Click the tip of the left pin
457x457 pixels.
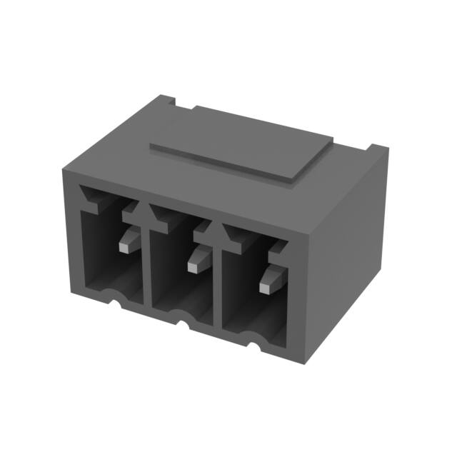(125, 246)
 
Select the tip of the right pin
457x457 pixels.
(266, 287)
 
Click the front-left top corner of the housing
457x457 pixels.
(63, 169)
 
